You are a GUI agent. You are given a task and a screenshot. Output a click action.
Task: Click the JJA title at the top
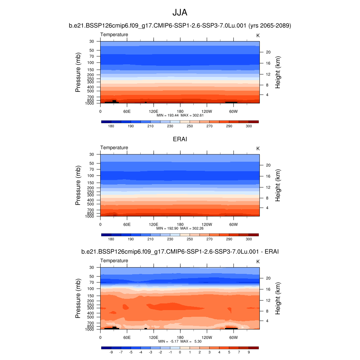[x=180, y=13]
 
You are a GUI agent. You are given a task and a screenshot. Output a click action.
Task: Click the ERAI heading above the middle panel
[x=180, y=139]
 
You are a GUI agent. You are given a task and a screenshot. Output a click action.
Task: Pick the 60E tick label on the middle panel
[x=127, y=224]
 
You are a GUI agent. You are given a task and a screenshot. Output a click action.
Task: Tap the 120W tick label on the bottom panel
[x=207, y=337]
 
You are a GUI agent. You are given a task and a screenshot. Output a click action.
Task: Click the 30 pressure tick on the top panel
[x=92, y=41]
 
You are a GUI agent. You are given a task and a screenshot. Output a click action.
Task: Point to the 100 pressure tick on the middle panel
[x=91, y=175]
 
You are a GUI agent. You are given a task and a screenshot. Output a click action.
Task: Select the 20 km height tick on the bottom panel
[x=268, y=278]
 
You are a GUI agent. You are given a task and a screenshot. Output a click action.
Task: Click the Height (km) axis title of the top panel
[x=278, y=72]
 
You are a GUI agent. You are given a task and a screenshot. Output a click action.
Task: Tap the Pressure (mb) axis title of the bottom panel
[x=78, y=299]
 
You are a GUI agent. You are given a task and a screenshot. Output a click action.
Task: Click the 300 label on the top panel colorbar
[x=249, y=126]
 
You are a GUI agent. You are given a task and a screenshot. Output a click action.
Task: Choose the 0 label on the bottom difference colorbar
[x=180, y=352]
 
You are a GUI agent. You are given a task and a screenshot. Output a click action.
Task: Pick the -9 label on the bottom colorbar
[x=111, y=352]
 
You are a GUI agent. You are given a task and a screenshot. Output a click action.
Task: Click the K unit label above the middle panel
[x=258, y=148]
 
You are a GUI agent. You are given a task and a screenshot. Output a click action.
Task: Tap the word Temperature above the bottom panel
[x=114, y=261]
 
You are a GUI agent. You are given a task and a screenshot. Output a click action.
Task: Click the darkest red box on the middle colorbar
[x=253, y=234]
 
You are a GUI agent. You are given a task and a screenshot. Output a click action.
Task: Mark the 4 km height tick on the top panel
[x=267, y=95]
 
